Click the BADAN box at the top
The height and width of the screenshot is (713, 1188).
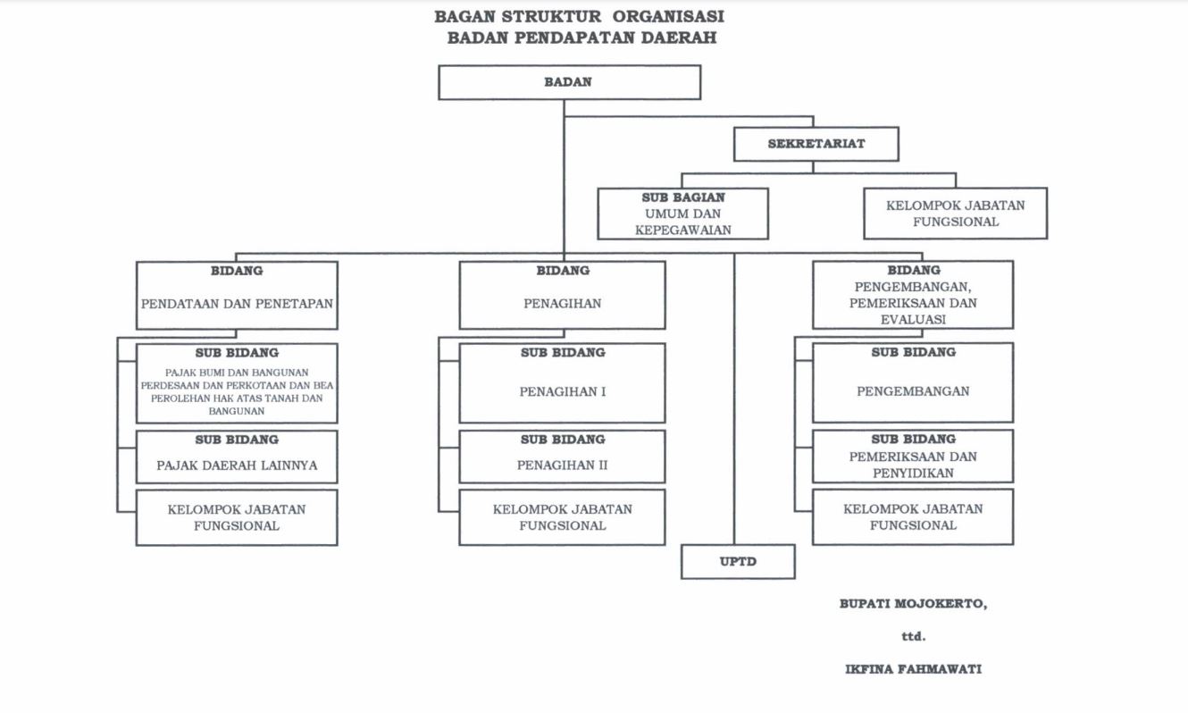tap(569, 82)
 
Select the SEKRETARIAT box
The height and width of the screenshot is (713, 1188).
tap(816, 144)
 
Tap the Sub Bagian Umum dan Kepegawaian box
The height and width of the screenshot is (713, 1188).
tap(683, 214)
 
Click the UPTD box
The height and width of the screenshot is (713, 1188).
tap(738, 561)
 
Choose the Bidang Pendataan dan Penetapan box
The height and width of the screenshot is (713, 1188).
tap(237, 296)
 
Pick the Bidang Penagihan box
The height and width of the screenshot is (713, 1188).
tap(562, 296)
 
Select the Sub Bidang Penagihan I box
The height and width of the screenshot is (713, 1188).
tap(562, 383)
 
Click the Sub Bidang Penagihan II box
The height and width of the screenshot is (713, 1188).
tap(562, 457)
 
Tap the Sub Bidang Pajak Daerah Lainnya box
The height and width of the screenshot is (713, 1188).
tap(237, 457)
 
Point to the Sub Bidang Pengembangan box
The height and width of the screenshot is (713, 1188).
tap(913, 382)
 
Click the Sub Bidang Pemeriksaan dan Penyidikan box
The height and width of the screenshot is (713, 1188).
tap(913, 457)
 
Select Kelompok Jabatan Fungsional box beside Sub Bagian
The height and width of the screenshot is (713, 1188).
tap(955, 214)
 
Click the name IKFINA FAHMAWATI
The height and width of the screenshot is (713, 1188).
tap(913, 668)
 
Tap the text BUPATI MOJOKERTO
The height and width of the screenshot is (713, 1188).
tap(913, 604)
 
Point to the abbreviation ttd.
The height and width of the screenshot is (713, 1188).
tap(913, 637)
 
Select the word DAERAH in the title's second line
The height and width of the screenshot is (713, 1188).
tap(678, 38)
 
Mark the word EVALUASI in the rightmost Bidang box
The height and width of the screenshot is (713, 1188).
tap(913, 319)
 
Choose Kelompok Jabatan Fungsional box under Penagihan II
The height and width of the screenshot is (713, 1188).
tap(562, 517)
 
